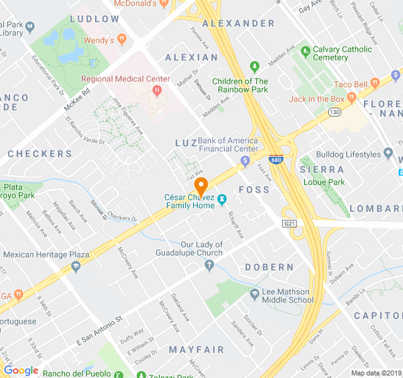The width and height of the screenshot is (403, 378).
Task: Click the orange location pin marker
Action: coord(201,187)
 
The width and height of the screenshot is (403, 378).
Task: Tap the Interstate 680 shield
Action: coord(275,160)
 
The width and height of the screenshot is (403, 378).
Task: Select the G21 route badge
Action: coord(290,223)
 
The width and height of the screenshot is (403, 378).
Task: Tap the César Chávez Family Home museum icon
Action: coord(222,200)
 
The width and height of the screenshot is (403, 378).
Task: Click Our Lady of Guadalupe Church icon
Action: coord(210,265)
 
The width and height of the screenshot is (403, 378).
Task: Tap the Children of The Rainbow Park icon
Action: coord(254,66)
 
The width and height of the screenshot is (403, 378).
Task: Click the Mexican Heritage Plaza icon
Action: coord(76,266)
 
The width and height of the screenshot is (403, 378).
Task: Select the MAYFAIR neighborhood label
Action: coord(196,349)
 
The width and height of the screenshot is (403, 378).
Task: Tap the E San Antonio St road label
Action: coord(99,331)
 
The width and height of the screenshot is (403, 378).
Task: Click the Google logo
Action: coord(21,370)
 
